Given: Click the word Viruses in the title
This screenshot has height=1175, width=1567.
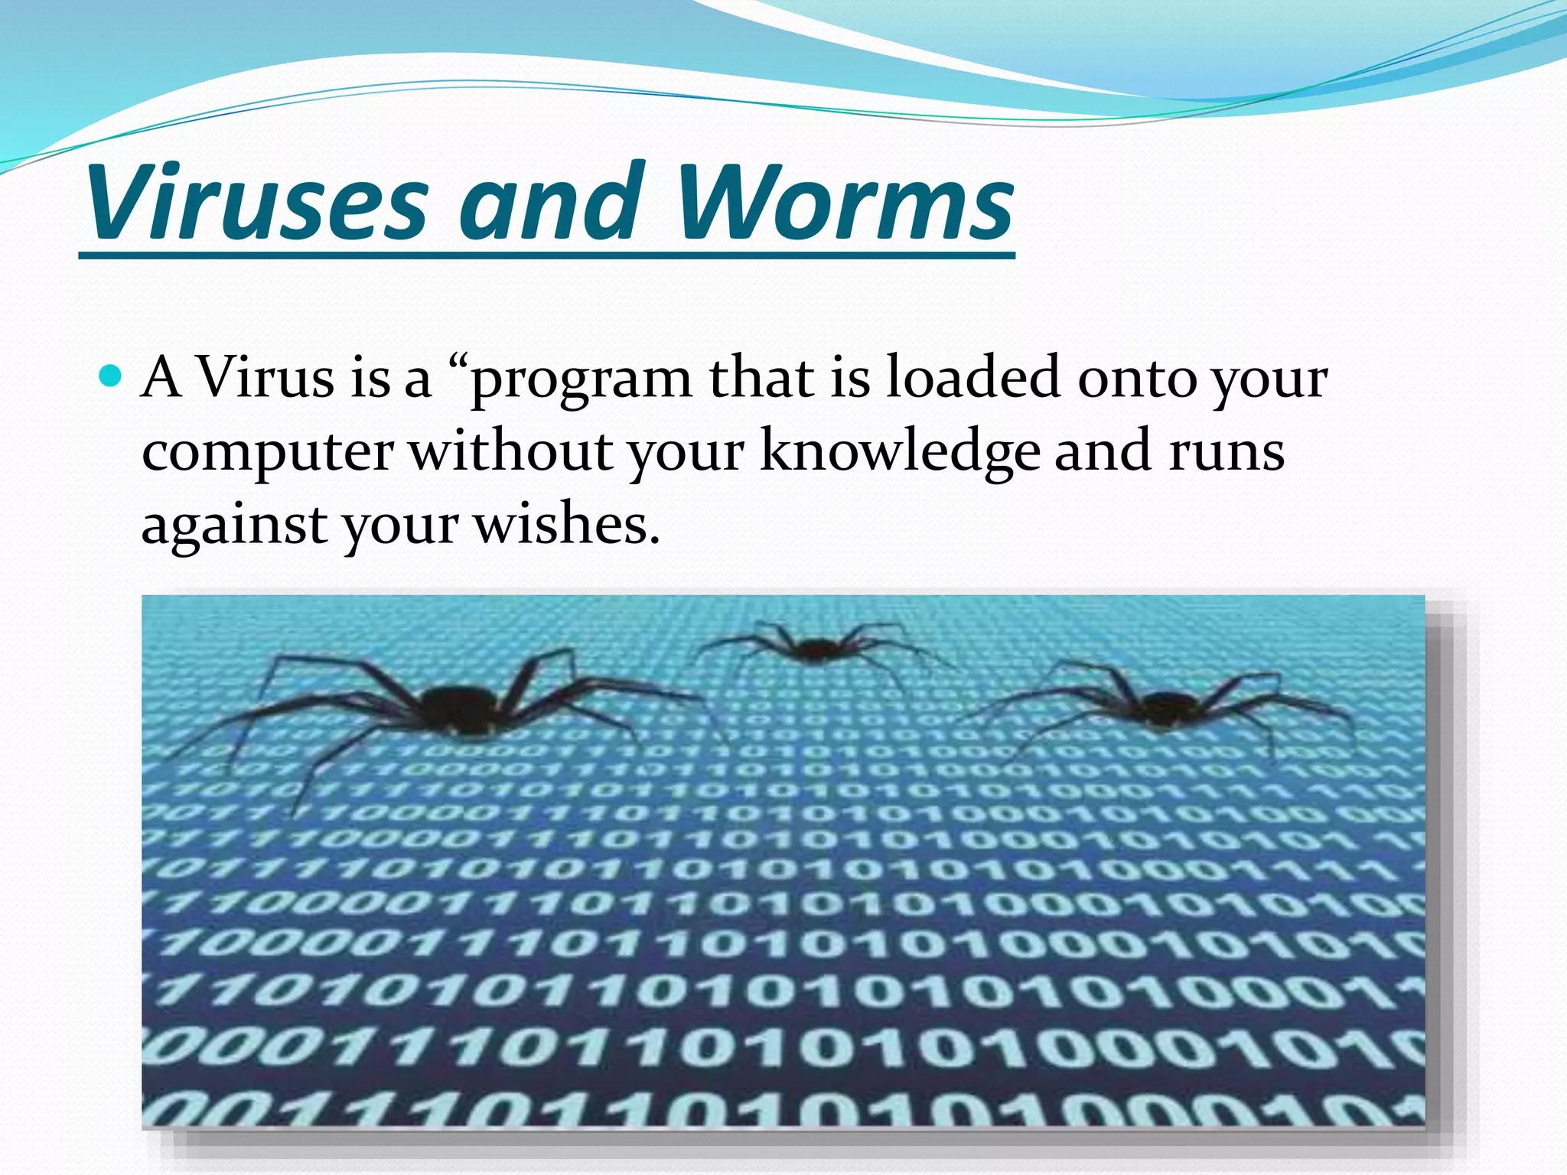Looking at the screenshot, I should click(256, 203).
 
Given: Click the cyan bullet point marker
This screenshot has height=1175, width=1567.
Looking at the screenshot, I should click(112, 376).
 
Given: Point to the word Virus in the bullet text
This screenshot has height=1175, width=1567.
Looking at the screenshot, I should click(266, 378).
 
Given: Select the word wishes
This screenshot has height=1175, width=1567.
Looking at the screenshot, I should click(566, 526).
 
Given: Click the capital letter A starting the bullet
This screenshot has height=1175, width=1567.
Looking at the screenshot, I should click(162, 378).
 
